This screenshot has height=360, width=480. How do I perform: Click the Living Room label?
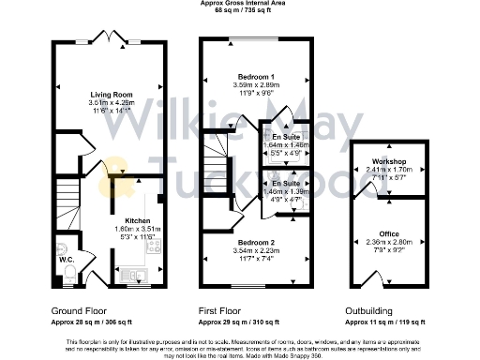click(111, 95)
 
